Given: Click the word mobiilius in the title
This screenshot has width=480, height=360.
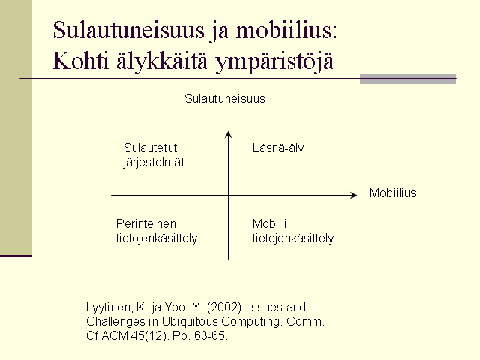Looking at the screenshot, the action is point(286,30).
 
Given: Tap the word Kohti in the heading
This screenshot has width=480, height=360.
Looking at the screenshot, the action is point(81,60).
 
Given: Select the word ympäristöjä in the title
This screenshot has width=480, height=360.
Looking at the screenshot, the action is point(274,62).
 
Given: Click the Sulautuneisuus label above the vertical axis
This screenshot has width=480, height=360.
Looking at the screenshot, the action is point(225,98).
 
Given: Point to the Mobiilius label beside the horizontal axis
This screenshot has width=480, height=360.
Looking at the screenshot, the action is point(393,193).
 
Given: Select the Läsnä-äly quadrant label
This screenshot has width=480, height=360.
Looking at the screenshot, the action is point(278,148).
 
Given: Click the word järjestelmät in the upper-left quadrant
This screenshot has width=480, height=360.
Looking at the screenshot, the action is point(154,163).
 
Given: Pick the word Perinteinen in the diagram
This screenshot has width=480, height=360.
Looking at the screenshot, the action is point(146,224).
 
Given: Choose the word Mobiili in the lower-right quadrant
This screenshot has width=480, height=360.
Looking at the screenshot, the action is point(269,223).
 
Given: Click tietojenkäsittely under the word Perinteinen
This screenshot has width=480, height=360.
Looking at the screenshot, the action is point(157,238).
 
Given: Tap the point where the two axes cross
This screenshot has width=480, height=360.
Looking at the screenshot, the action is point(228,195).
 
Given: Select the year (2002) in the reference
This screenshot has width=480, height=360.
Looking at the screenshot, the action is point(226,307).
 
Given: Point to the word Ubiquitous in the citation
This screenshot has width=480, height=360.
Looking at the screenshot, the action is point(190,322).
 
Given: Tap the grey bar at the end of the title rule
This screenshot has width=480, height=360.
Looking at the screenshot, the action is point(408,79).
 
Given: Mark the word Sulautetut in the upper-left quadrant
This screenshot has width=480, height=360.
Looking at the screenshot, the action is point(150,148).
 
